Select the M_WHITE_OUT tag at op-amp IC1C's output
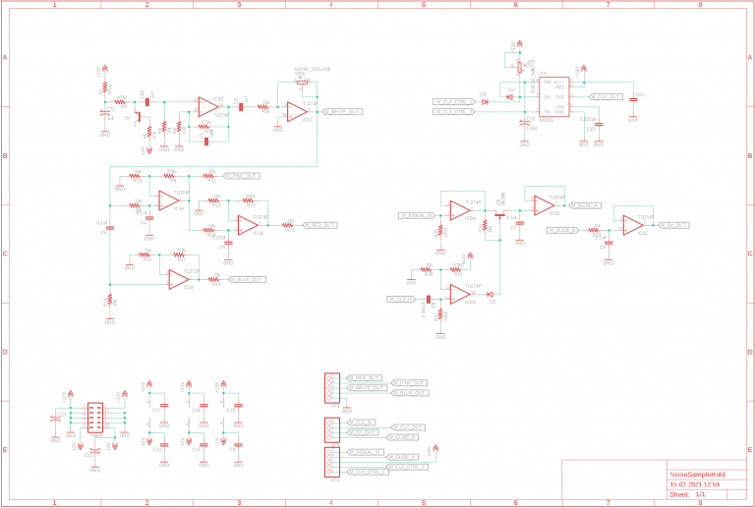340,112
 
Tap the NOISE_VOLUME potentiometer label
312,68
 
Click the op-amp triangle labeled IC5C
632,226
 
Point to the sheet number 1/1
700,495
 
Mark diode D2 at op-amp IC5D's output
489,294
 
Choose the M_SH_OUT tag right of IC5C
673,226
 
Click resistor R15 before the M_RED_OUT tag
289,225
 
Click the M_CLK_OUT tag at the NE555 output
605,97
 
